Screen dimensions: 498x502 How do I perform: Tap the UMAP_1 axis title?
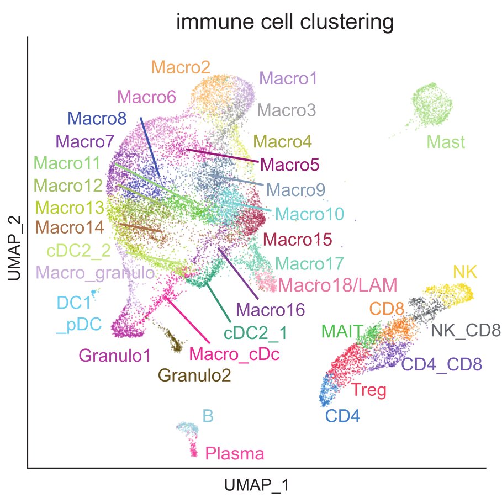tap(257, 486)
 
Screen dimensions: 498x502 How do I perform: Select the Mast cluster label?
tap(446, 142)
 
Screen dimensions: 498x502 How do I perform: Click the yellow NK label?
tap(465, 272)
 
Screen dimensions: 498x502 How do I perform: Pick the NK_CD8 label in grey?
tap(466, 331)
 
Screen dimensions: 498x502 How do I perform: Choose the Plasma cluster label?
tap(234, 454)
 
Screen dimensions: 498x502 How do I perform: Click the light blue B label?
tap(208, 415)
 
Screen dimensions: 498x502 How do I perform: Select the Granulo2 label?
tap(194, 375)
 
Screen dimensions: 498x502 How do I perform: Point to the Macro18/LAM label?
tap(337, 285)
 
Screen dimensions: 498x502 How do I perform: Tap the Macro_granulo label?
tap(95, 273)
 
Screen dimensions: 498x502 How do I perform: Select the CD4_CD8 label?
tap(441, 364)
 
